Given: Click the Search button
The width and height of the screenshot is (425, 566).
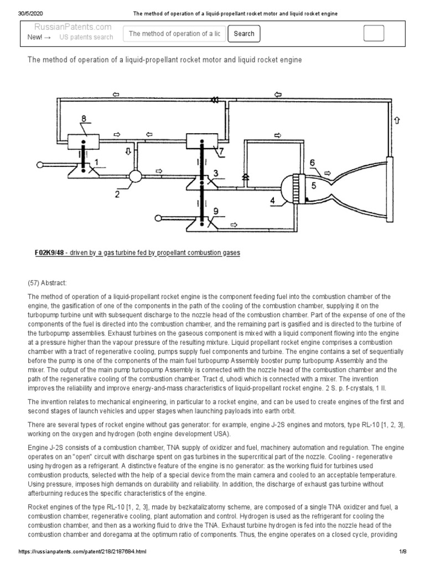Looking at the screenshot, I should click(x=244, y=34).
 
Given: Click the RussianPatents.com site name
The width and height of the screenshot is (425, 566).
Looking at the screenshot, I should click(x=72, y=27).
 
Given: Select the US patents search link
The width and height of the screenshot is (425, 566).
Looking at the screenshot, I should click(x=86, y=37).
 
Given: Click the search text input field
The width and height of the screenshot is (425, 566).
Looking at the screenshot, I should click(x=174, y=34).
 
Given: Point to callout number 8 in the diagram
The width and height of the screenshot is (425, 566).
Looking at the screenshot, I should click(x=84, y=119).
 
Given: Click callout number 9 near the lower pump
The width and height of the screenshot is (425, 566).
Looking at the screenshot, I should click(x=215, y=211).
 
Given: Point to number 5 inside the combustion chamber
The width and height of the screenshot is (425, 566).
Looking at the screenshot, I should click(x=314, y=186).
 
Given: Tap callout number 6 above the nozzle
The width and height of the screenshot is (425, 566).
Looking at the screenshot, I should click(x=313, y=163).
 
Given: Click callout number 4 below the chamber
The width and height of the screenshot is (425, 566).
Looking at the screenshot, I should click(x=273, y=201).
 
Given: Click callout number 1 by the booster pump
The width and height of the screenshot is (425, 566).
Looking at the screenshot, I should click(x=96, y=162).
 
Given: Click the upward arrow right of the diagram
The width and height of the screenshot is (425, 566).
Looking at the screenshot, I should click(x=396, y=120).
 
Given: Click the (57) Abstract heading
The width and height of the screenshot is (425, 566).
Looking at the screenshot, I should click(x=47, y=282).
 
